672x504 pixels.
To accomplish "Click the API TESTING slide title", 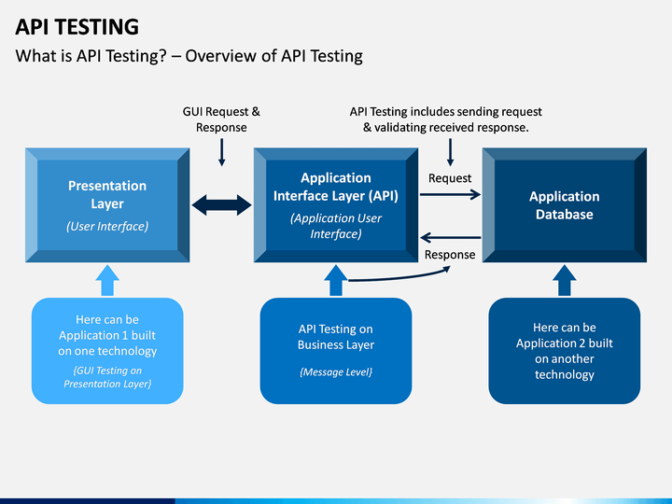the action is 77,27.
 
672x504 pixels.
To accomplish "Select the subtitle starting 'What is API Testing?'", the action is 189,56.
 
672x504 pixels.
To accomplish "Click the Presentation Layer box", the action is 107,205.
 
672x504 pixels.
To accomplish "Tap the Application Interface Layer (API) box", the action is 336,205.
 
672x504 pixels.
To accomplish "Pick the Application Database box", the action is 565,205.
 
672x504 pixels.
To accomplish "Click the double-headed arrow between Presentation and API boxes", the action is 221,204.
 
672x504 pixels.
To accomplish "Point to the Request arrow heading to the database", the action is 450,194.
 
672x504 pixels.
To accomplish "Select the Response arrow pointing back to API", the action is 451,237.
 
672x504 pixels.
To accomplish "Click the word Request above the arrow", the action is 450,178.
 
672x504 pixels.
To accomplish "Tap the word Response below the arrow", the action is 450,255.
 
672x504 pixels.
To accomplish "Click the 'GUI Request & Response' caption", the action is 221,119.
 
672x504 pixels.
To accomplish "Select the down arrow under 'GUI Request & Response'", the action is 221,152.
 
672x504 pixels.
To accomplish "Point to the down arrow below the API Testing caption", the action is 450,152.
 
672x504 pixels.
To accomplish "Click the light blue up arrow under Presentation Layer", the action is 107,280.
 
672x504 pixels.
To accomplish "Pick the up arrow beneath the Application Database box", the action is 565,280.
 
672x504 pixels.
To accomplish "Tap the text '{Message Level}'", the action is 336,372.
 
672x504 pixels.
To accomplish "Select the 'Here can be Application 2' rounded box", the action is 565,351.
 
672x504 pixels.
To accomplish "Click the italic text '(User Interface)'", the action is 107,226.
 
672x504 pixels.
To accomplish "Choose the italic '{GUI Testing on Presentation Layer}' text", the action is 107,377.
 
